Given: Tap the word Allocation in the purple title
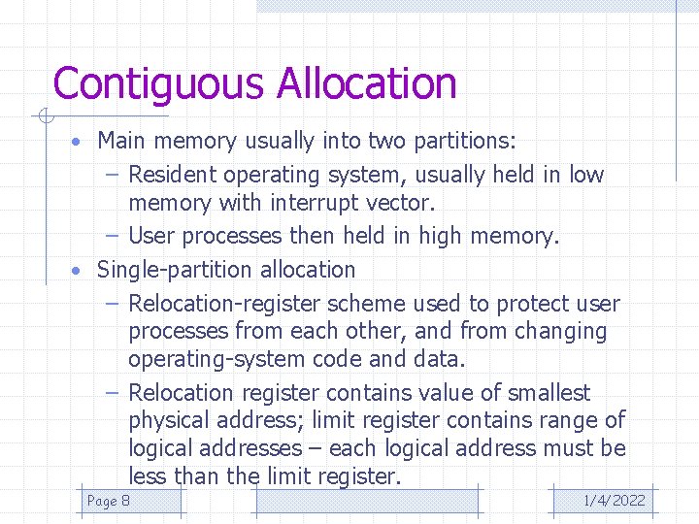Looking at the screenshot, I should pos(366,83).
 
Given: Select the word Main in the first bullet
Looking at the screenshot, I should pos(121,141).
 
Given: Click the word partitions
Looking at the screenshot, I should pos(465,141).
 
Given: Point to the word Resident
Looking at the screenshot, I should pos(172,175).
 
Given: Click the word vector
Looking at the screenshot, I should pos(403,204).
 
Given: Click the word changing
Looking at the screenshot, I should pos(560,332).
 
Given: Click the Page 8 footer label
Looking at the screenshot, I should pos(109,501).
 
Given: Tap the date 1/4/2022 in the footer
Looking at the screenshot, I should pos(614,501).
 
